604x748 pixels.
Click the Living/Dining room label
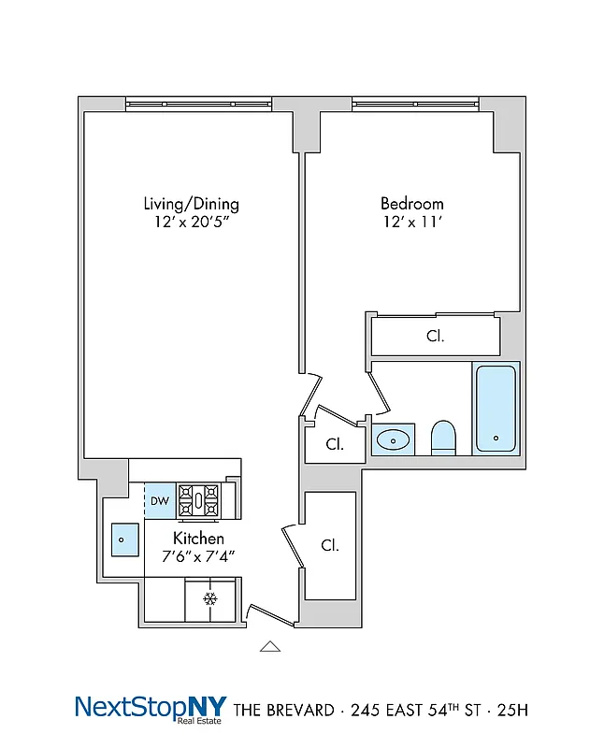(191, 203)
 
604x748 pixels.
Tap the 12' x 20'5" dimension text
(191, 223)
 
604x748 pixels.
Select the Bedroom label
(411, 203)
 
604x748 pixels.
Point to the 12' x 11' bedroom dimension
(411, 223)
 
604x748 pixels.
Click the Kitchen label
(197, 539)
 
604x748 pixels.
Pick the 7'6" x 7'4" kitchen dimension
(197, 556)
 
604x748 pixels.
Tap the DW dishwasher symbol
(160, 501)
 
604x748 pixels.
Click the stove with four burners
(198, 500)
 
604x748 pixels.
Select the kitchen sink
(122, 539)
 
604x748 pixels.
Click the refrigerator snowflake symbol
(210, 598)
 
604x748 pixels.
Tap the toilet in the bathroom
(443, 437)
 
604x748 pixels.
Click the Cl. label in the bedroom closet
(435, 336)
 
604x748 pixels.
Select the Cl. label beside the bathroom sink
(334, 444)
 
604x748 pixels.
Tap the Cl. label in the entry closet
(329, 545)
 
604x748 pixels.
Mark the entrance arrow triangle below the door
(269, 645)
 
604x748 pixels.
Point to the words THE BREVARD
(282, 711)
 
